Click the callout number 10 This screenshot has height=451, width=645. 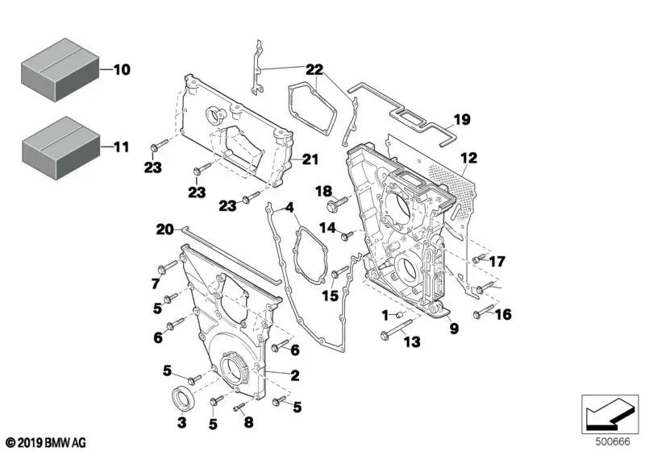121,70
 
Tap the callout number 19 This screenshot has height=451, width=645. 460,121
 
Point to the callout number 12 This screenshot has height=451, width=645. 469,157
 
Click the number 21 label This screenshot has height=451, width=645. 311,159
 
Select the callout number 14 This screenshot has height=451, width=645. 327,228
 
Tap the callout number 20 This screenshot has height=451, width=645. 164,229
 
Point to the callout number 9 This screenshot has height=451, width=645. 454,328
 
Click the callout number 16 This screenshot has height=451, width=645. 503,314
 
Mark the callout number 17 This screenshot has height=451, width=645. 497,261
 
